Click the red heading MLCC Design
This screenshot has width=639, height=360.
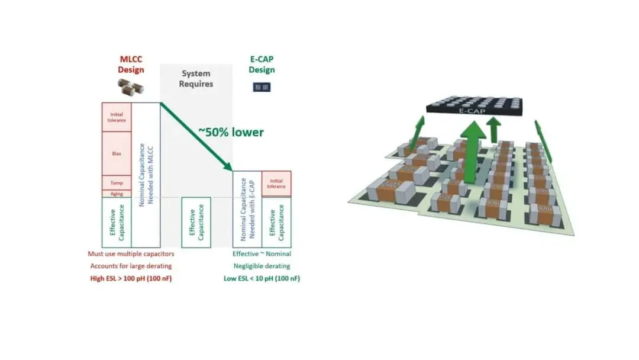(131, 64)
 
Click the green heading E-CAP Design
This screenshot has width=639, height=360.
(262, 65)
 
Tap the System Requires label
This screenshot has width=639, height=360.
(196, 79)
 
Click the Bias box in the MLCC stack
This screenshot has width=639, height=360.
(117, 153)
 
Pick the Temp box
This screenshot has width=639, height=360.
(117, 182)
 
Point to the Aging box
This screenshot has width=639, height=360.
(117, 194)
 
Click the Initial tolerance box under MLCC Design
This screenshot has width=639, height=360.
(117, 117)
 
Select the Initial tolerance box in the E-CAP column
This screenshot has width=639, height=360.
(276, 184)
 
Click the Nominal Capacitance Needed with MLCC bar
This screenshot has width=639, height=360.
(146, 175)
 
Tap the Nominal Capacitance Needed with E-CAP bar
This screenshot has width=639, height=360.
(247, 209)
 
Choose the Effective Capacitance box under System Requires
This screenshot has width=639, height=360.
(196, 222)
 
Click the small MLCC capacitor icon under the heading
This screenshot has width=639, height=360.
(131, 88)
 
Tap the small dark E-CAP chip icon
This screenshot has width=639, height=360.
(262, 86)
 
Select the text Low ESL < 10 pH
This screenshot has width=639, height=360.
(262, 278)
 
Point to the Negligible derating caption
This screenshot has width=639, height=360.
(262, 266)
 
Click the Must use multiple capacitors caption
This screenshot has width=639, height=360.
(131, 254)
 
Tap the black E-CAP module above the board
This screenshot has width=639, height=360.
(474, 106)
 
